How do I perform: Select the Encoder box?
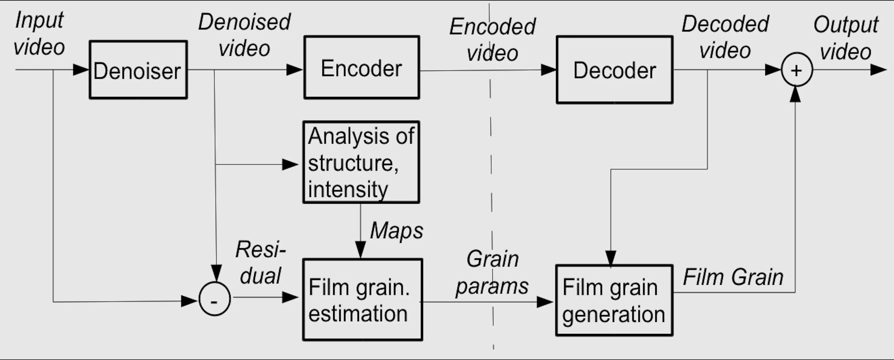pyautogui.click(x=362, y=67)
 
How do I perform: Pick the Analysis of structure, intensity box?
pyautogui.click(x=361, y=162)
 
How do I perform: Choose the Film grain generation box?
pyautogui.click(x=614, y=300)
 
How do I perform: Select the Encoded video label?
pyautogui.click(x=492, y=40)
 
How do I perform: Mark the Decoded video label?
pyautogui.click(x=725, y=37)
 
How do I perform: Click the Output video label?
pyautogui.click(x=846, y=38)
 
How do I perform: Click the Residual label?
pyautogui.click(x=261, y=262)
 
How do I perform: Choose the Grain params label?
pyautogui.click(x=492, y=273)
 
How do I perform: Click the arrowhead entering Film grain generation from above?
pyautogui.click(x=610, y=259)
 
